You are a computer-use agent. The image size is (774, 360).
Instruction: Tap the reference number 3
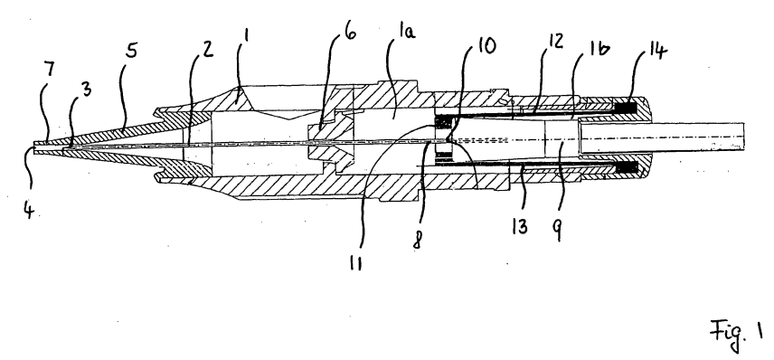pyautogui.click(x=86, y=90)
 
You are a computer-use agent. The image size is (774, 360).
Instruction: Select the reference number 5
pyautogui.click(x=130, y=51)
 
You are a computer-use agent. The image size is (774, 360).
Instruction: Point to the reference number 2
pyautogui.click(x=208, y=49)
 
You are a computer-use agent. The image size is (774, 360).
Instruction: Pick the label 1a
pyautogui.click(x=407, y=32)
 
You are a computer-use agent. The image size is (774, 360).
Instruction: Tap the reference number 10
pyautogui.click(x=486, y=46)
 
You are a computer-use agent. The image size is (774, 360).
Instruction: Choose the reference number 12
pyautogui.click(x=555, y=42)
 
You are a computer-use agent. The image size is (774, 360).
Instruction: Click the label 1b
pyautogui.click(x=599, y=49)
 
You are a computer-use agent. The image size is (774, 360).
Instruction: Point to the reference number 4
pyautogui.click(x=29, y=211)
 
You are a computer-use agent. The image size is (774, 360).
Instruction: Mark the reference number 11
pyautogui.click(x=355, y=264)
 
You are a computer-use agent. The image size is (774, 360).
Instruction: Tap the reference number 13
pyautogui.click(x=520, y=227)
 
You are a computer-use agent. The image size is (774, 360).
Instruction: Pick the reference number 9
pyautogui.click(x=558, y=230)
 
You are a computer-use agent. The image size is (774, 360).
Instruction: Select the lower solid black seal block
pyautogui.click(x=625, y=168)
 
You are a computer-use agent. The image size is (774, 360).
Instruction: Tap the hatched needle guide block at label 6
pyautogui.click(x=324, y=142)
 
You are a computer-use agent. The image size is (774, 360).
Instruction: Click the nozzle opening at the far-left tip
pyautogui.click(x=34, y=147)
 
